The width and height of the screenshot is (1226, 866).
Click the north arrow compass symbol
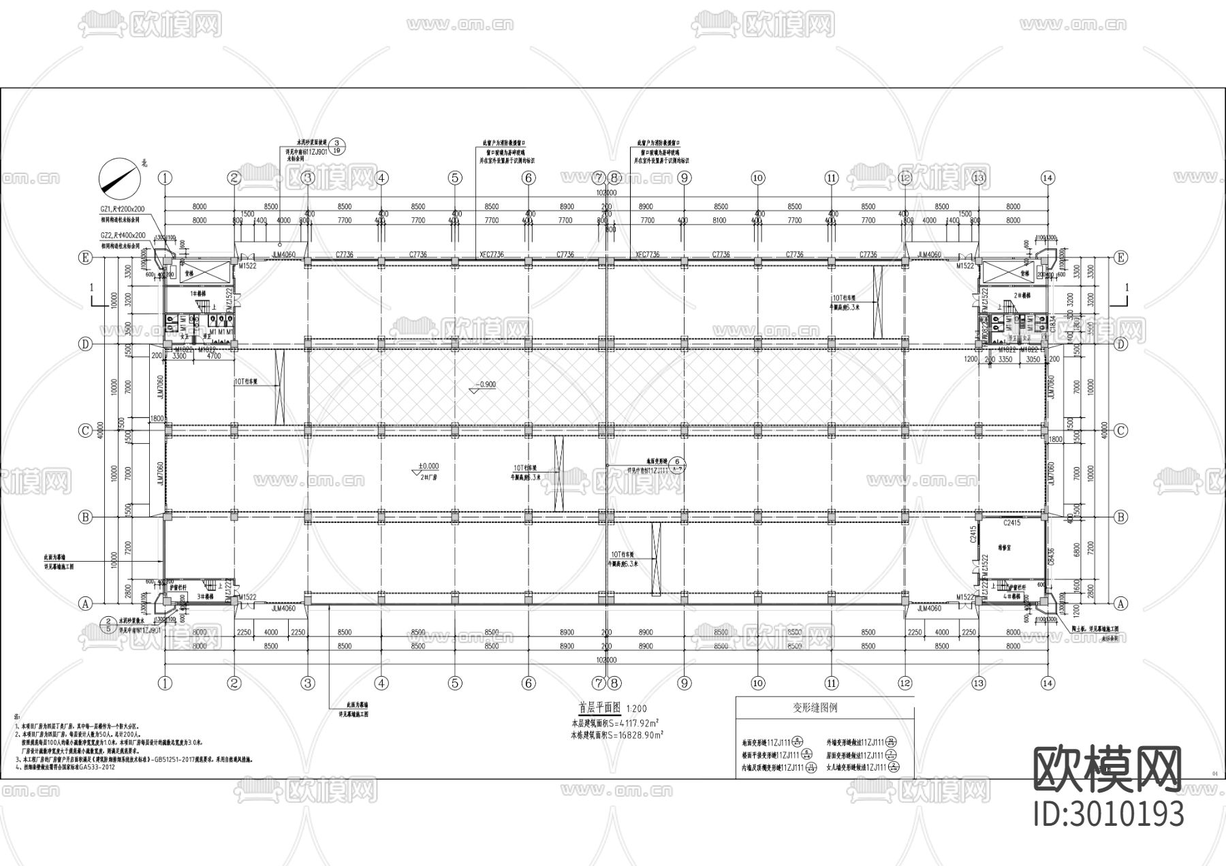(x=121, y=178)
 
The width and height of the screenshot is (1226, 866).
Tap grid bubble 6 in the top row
(x=529, y=178)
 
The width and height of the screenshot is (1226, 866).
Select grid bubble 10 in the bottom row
(x=758, y=683)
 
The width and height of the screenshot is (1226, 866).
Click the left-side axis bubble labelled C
(x=86, y=430)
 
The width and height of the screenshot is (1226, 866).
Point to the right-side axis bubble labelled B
(x=1120, y=517)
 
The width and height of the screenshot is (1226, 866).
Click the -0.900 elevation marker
(x=484, y=385)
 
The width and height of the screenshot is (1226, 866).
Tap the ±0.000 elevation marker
(x=427, y=467)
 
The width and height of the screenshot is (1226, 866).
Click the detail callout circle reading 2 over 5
(x=108, y=625)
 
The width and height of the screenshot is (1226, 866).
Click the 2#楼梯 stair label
(x=1020, y=295)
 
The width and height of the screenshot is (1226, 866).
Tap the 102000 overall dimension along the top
(x=606, y=193)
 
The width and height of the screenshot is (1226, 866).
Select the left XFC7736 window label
(x=492, y=255)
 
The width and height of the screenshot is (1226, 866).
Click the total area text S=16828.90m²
(x=616, y=735)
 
